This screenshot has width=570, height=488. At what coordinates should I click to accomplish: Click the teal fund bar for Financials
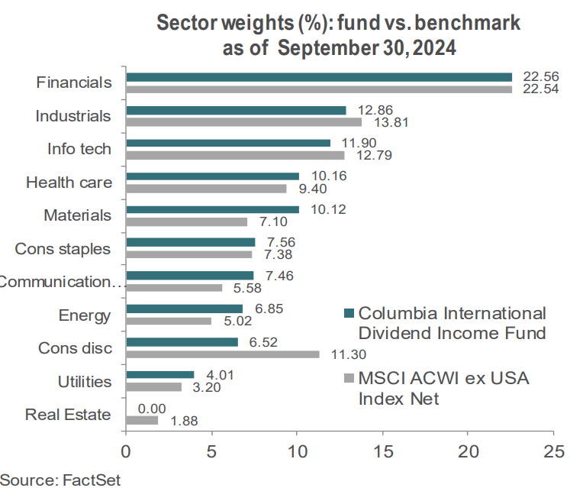(x=319, y=77)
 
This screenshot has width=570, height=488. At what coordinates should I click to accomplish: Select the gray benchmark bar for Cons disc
(x=222, y=354)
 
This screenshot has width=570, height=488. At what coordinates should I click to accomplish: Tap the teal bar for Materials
(x=212, y=209)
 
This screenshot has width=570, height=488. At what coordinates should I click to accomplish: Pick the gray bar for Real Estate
(x=142, y=420)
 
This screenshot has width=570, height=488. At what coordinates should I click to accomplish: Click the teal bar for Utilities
(x=159, y=374)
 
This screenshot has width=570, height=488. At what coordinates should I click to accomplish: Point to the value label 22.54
(x=537, y=90)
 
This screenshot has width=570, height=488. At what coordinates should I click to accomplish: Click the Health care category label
(x=69, y=183)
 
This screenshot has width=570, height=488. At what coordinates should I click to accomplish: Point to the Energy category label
(x=85, y=315)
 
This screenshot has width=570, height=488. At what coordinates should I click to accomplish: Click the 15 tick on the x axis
(x=382, y=449)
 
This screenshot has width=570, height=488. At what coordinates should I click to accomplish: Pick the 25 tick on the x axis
(x=554, y=449)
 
